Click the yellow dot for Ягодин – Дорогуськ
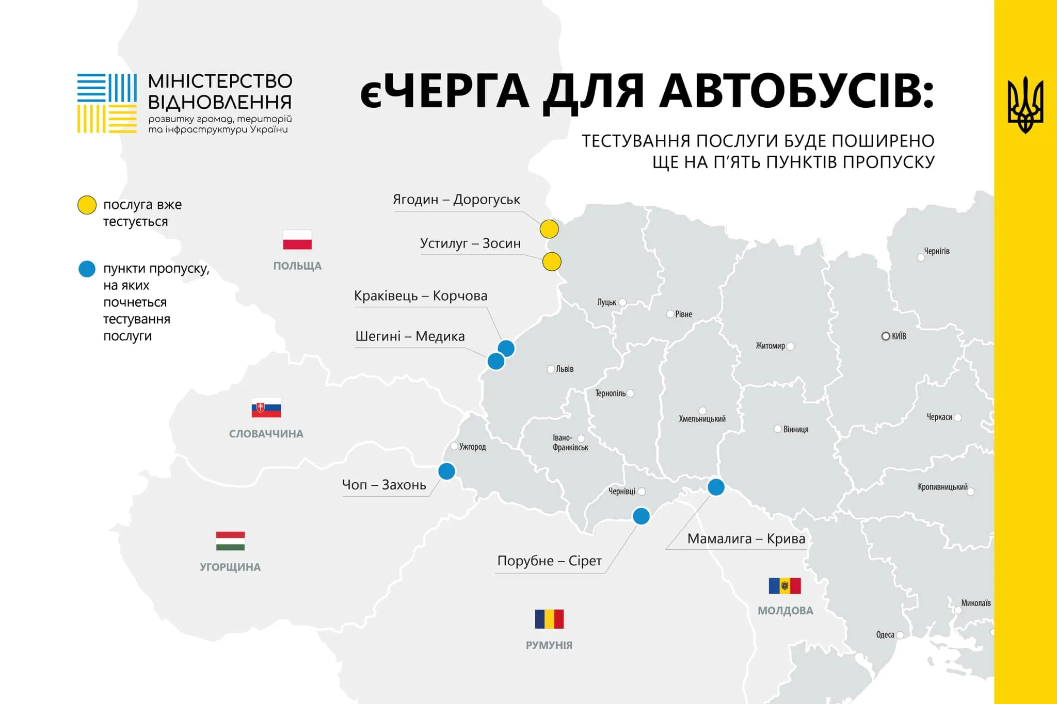click(549, 229)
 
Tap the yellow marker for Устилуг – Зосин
click(552, 262)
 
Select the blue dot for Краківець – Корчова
click(506, 349)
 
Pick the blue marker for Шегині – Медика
click(496, 361)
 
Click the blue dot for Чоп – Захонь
click(446, 471)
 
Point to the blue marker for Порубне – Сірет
click(641, 516)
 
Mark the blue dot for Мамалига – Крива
click(716, 487)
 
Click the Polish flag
click(297, 240)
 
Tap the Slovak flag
click(266, 407)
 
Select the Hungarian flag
click(230, 541)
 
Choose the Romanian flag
click(549, 619)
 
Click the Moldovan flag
click(784, 586)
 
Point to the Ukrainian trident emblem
click(1026, 105)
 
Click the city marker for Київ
click(886, 336)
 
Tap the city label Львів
click(565, 369)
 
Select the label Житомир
click(770, 346)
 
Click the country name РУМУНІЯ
click(549, 645)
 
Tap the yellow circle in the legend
click(87, 205)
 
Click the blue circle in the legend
click(87, 269)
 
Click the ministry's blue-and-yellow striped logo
click(107, 103)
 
